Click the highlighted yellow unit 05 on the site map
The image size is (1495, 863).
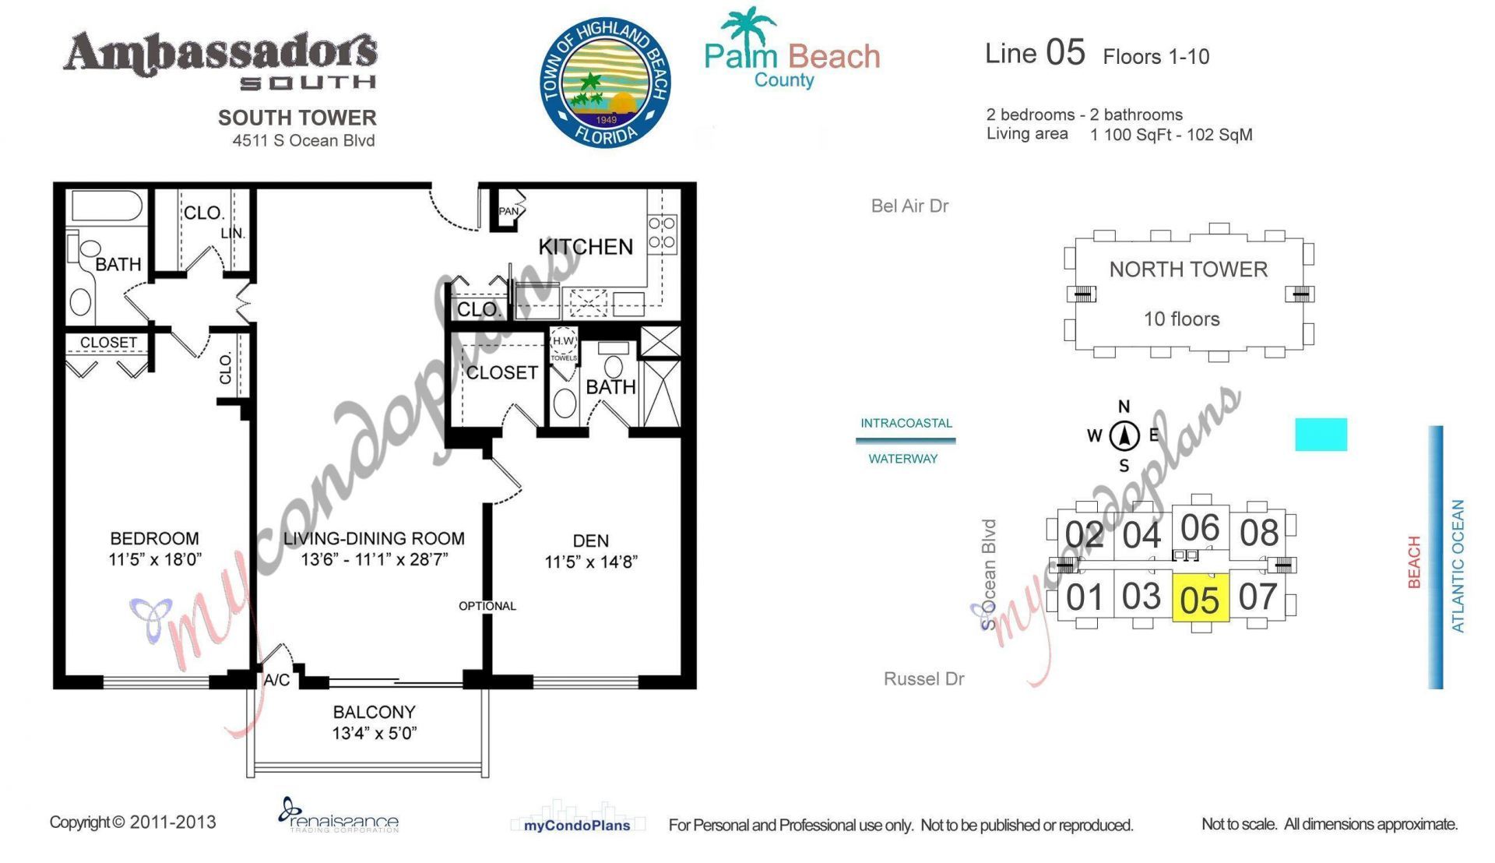(1200, 598)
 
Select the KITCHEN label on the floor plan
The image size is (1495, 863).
(586, 247)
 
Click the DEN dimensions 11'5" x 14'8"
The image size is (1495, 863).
(591, 562)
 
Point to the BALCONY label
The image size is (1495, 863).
(374, 712)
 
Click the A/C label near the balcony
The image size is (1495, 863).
(276, 680)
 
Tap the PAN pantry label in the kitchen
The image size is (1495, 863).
(508, 211)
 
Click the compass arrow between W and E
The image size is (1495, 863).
(1124, 435)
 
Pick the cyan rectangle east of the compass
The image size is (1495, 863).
(1321, 435)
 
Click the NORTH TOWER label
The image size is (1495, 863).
(1188, 269)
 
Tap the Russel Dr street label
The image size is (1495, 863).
(923, 678)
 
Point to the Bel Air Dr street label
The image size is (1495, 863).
(909, 206)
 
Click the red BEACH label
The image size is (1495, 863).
(1414, 562)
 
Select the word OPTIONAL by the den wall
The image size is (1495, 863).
(487, 606)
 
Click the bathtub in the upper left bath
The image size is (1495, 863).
(107, 207)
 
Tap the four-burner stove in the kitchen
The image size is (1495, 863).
(662, 233)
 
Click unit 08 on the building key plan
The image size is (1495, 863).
(1259, 534)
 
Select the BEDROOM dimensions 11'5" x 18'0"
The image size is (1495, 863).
(155, 559)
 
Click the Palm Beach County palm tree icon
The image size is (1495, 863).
(747, 27)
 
